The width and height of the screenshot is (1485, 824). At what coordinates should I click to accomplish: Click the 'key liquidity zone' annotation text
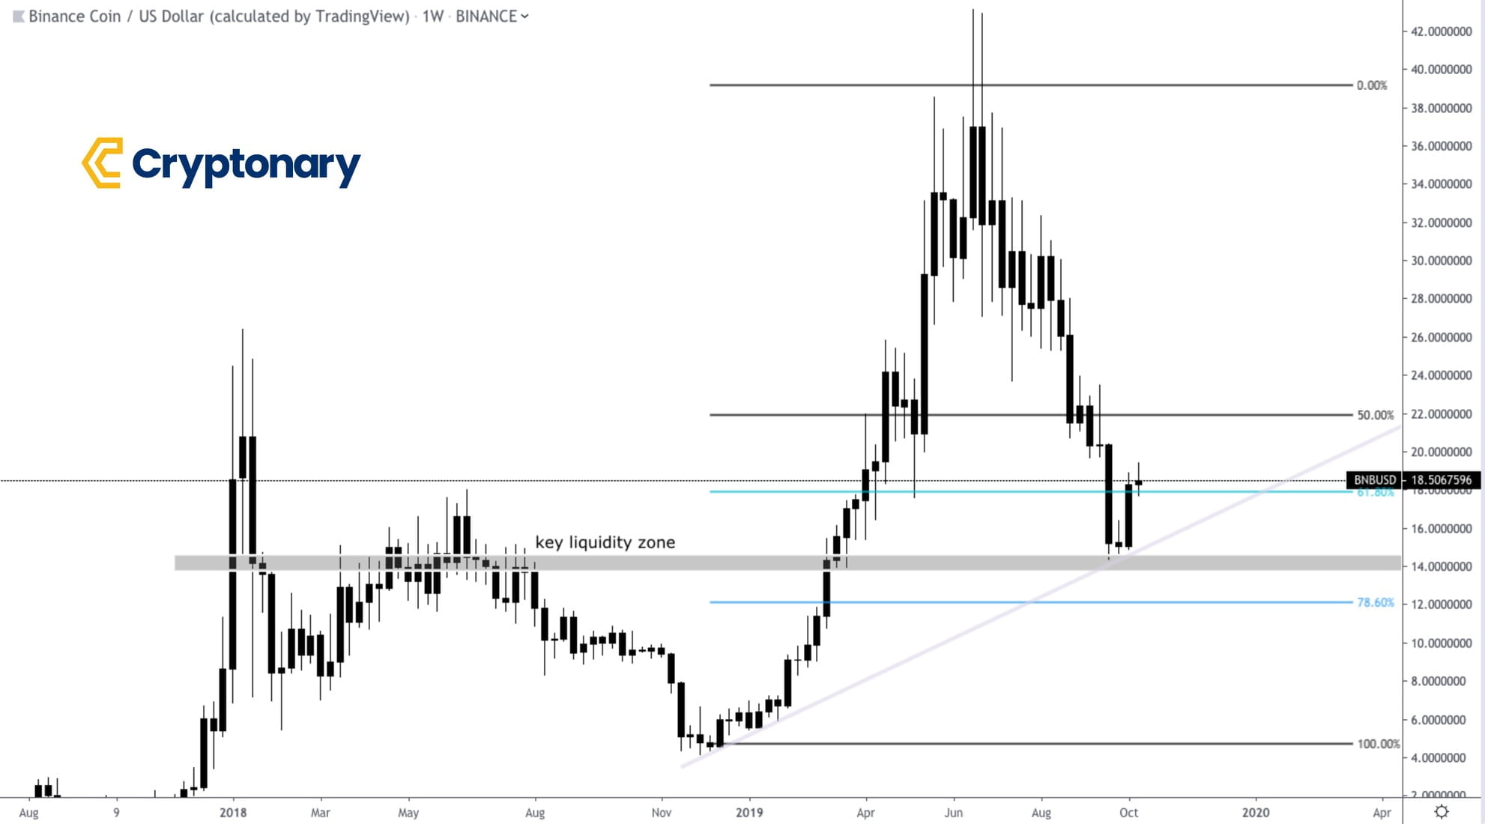pyautogui.click(x=605, y=542)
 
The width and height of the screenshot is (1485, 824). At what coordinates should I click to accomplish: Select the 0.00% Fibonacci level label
pyautogui.click(x=1371, y=85)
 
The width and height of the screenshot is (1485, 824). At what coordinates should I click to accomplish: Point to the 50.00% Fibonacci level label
pyautogui.click(x=1375, y=415)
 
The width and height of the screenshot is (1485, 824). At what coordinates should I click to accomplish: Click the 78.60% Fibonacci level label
pyautogui.click(x=1375, y=602)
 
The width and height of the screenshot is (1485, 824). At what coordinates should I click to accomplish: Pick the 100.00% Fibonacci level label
pyautogui.click(x=1377, y=744)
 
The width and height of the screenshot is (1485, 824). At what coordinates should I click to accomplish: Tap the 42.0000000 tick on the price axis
pyautogui.click(x=1441, y=31)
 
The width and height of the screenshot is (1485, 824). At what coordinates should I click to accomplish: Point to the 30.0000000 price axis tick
pyautogui.click(x=1441, y=261)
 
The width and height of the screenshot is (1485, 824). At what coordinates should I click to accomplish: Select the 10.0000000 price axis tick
pyautogui.click(x=1441, y=643)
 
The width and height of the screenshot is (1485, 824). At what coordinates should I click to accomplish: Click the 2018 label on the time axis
pyautogui.click(x=233, y=812)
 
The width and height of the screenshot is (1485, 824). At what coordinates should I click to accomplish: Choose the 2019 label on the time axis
pyautogui.click(x=749, y=812)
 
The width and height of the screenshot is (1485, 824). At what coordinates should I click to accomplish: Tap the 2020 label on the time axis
pyautogui.click(x=1256, y=812)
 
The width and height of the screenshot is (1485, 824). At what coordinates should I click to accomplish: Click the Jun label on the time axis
pyautogui.click(x=953, y=812)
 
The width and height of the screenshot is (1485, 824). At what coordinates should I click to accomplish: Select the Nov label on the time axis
pyautogui.click(x=661, y=812)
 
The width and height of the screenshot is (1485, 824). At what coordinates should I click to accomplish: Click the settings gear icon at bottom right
pyautogui.click(x=1441, y=811)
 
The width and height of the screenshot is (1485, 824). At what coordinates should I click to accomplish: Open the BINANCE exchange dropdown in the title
pyautogui.click(x=492, y=16)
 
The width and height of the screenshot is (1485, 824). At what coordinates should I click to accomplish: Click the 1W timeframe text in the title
pyautogui.click(x=432, y=16)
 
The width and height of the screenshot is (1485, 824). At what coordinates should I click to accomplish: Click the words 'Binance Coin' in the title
pyautogui.click(x=74, y=16)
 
